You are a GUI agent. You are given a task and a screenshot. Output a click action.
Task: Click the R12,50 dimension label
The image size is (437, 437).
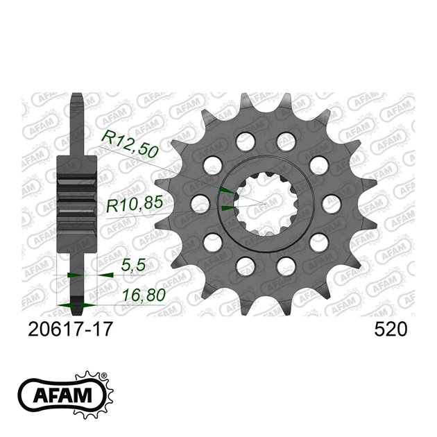(x=130, y=144)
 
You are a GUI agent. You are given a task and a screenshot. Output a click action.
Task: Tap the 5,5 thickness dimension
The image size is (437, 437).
(x=133, y=265)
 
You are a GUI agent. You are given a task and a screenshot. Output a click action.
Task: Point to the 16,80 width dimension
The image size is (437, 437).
(x=144, y=295)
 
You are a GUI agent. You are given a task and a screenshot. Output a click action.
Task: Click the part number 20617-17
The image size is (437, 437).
(x=70, y=329)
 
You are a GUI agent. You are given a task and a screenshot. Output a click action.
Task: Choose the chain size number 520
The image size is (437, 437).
(x=391, y=329)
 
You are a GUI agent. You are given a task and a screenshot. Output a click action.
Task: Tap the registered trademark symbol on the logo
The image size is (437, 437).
(x=104, y=375)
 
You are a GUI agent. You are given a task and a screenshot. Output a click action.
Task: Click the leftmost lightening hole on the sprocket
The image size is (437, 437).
(x=200, y=205)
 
